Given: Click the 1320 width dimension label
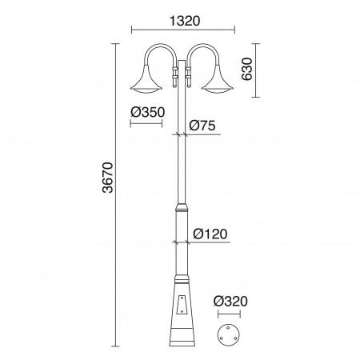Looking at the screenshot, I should tap(182, 18).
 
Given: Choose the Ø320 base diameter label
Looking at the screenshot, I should tap(229, 302).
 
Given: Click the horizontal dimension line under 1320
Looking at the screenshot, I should tap(182, 30).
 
